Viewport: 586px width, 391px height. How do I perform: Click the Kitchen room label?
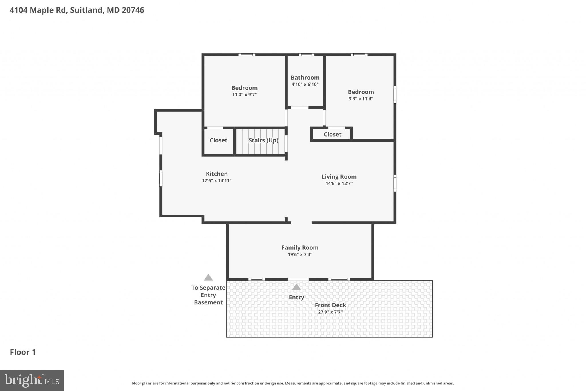pyautogui.click(x=217, y=174)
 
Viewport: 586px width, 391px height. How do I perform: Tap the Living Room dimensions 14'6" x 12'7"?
pyautogui.click(x=339, y=184)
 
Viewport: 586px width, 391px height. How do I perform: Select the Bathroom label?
pyautogui.click(x=305, y=78)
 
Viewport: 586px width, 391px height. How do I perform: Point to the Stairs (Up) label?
pyautogui.click(x=263, y=140)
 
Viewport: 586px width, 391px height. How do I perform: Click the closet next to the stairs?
pyautogui.click(x=218, y=140)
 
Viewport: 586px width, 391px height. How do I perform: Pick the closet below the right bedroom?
pyautogui.click(x=332, y=135)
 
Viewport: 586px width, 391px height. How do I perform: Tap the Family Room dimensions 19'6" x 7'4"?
pyautogui.click(x=300, y=254)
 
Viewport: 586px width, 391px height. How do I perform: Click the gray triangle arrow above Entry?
pyautogui.click(x=296, y=287)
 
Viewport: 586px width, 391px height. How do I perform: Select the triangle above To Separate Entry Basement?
pyautogui.click(x=208, y=278)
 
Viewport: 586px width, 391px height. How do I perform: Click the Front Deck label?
pyautogui.click(x=330, y=305)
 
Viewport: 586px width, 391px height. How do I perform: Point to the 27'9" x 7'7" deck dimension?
pyautogui.click(x=330, y=312)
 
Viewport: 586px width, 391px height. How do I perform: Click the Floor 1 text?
pyautogui.click(x=23, y=352)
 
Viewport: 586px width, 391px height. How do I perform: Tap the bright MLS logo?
pyautogui.click(x=32, y=380)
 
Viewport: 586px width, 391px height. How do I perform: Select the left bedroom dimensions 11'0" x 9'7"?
pyautogui.click(x=244, y=95)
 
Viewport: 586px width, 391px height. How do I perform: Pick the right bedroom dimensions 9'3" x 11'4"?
pyautogui.click(x=361, y=99)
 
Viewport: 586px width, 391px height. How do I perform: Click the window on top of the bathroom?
pyautogui.click(x=306, y=55)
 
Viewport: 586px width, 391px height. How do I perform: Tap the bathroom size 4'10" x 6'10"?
pyautogui.click(x=305, y=84)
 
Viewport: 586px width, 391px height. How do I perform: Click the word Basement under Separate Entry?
pyautogui.click(x=208, y=302)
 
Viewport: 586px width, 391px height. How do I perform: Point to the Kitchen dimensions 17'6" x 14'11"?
pyautogui.click(x=217, y=180)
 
